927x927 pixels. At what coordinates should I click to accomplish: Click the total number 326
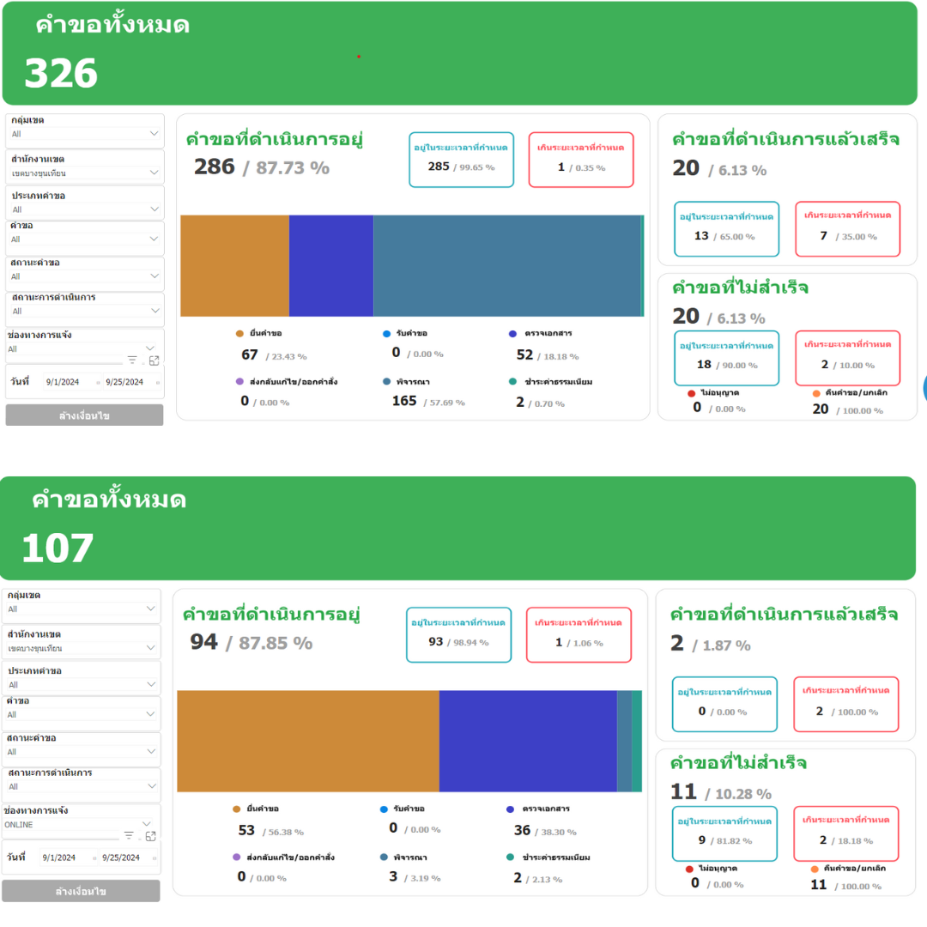click(x=61, y=74)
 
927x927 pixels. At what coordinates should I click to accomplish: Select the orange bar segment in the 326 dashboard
click(x=234, y=266)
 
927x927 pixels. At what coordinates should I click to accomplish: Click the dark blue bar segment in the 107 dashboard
click(x=528, y=741)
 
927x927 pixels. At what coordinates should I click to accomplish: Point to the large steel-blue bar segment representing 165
click(x=507, y=266)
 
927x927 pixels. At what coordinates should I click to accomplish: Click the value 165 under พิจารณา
click(x=404, y=401)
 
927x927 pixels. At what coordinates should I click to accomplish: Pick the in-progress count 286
click(x=215, y=167)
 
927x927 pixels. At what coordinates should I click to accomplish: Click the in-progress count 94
click(x=204, y=641)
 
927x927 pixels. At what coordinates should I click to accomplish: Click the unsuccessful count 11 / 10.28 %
click(x=720, y=792)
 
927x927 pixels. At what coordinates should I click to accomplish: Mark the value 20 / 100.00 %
click(x=846, y=409)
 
